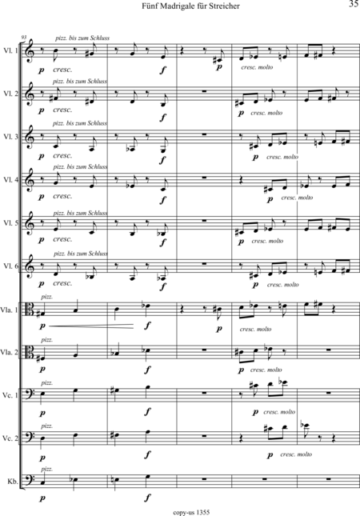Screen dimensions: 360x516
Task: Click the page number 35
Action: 354,4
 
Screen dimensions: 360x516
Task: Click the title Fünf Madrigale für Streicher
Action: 191,6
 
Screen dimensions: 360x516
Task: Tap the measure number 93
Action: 23,37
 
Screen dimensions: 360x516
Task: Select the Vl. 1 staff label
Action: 11,50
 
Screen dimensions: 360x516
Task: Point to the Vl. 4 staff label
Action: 11,180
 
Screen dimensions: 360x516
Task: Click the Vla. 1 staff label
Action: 10,310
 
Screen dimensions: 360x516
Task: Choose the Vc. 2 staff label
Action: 10,438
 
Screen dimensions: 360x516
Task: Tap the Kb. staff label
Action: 13,482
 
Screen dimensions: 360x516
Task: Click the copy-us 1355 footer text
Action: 191,512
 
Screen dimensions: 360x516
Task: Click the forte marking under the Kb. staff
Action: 148,498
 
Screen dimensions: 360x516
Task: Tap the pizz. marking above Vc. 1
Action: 46,382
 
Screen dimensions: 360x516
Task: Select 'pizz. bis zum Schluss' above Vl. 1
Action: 82,38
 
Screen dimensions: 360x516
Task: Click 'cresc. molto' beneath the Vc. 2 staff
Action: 296,454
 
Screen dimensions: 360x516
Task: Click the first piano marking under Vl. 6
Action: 42,284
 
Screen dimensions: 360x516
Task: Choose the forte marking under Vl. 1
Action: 163,70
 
